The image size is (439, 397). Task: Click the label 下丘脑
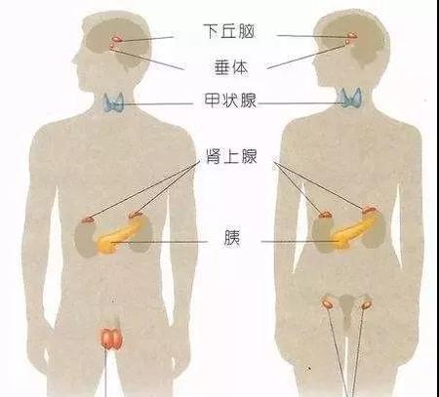[x=229, y=31]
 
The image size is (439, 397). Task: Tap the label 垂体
[x=231, y=67]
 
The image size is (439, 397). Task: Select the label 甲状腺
[x=230, y=100]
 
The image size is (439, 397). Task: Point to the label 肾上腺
[x=231, y=156]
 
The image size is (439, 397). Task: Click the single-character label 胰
[x=231, y=238]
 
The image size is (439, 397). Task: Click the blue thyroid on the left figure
[x=114, y=102]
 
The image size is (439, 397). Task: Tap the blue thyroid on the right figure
[x=349, y=98]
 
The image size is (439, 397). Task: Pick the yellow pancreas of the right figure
[x=354, y=230]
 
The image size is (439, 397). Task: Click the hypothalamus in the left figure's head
[x=117, y=39]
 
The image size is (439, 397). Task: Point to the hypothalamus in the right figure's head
[x=353, y=35]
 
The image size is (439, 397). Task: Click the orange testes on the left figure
[x=111, y=338]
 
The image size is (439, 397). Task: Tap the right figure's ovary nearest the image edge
[x=367, y=304]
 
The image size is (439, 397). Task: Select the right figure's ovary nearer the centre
[x=327, y=303]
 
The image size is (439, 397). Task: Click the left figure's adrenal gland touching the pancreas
[x=136, y=215]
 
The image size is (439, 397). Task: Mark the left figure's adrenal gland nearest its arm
[x=88, y=220]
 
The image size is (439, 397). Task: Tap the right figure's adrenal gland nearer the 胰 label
[x=325, y=215]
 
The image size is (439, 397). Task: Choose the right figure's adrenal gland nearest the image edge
[x=370, y=209]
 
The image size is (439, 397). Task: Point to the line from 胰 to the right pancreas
[x=299, y=242]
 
